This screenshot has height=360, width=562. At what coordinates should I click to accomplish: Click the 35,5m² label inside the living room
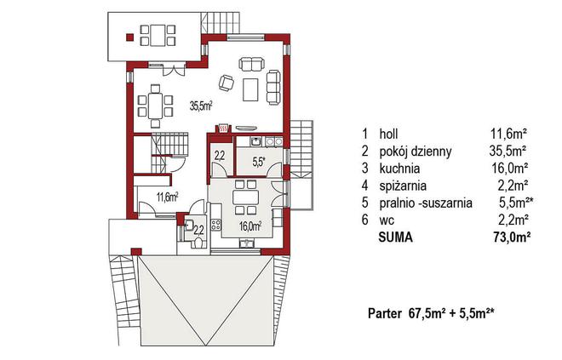pyautogui.click(x=202, y=106)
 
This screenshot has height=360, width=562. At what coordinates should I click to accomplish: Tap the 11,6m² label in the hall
pyautogui.click(x=168, y=197)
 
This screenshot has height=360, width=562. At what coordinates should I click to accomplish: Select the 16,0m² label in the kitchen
pyautogui.click(x=250, y=226)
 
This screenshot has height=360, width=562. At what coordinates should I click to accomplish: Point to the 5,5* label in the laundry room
pyautogui.click(x=258, y=162)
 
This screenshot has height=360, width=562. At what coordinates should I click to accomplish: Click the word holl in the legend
pyautogui.click(x=388, y=134)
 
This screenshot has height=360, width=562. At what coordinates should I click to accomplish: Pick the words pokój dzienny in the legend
pyautogui.click(x=416, y=151)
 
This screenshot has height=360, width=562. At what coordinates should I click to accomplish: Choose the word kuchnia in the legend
pyautogui.click(x=399, y=168)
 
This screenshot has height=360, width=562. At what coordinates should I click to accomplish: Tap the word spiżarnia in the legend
pyautogui.click(x=403, y=186)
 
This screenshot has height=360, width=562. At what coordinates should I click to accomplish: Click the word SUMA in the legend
pyautogui.click(x=395, y=237)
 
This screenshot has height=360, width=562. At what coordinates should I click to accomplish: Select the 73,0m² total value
pyautogui.click(x=512, y=237)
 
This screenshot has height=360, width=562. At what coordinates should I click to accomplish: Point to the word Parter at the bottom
pyautogui.click(x=385, y=314)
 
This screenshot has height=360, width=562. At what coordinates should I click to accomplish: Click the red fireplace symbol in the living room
pyautogui.click(x=223, y=128)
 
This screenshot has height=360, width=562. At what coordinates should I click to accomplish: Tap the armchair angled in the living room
pyautogui.click(x=227, y=83)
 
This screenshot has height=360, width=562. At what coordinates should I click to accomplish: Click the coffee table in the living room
pyautogui.click(x=251, y=89)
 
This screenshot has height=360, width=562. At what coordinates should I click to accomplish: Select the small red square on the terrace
pyautogui.click(x=129, y=37)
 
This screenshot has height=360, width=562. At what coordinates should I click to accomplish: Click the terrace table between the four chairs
pyautogui.click(x=158, y=35)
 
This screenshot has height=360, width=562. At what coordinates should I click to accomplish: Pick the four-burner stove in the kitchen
pyautogui.click(x=215, y=225)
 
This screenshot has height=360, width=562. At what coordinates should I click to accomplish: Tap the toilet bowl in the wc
pyautogui.click(x=198, y=243)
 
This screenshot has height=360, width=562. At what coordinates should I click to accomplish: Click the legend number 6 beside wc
pyautogui.click(x=364, y=220)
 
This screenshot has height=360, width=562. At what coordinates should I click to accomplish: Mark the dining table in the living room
pyautogui.click(x=156, y=105)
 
